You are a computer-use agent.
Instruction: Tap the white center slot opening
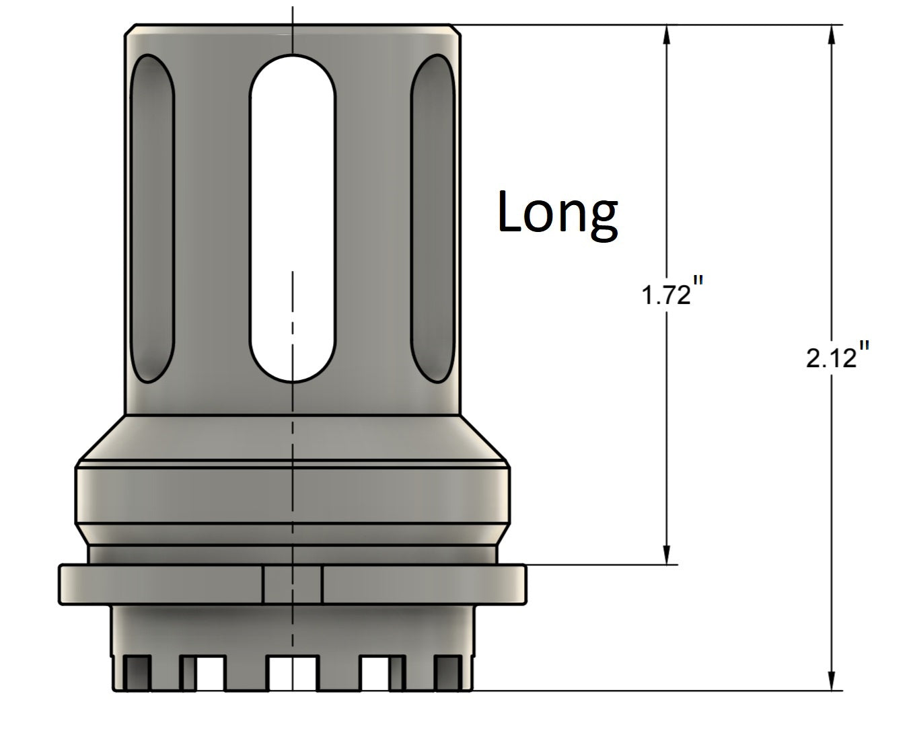coord(292,219)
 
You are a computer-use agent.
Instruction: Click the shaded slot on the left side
coord(151,219)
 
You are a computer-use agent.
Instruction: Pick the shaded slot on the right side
coord(432,219)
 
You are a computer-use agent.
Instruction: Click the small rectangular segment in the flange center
coord(292,584)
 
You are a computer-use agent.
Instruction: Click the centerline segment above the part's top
coord(292,13)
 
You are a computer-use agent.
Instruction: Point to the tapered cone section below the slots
coord(292,437)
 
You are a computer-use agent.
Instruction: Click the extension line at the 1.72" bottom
coord(599,565)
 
